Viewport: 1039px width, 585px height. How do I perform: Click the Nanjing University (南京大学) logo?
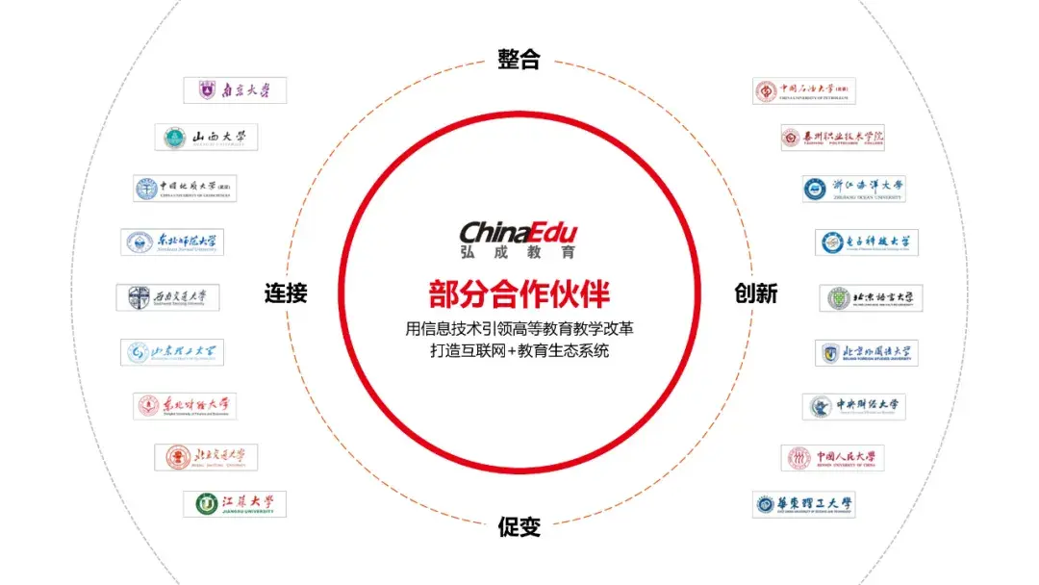tap(235, 90)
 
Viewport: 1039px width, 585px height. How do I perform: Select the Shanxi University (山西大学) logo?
tap(206, 138)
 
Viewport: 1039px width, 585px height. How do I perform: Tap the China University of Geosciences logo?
tap(185, 189)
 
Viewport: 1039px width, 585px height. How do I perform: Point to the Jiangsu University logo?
tap(235, 504)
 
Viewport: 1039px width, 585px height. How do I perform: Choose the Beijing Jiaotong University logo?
tap(206, 457)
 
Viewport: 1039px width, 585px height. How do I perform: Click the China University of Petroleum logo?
tap(804, 91)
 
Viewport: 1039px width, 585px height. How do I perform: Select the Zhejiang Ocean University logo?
tap(854, 189)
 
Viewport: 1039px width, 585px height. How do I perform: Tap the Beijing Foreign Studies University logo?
tap(867, 353)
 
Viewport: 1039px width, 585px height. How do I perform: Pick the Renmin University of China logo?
tap(832, 458)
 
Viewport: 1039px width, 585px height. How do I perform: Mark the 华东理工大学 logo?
tap(804, 504)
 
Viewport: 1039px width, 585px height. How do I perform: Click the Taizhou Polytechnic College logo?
tap(832, 138)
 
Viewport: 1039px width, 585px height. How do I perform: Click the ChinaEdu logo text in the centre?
tap(519, 232)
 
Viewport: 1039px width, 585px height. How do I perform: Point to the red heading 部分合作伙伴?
tap(519, 292)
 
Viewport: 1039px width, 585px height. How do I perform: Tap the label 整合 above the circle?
tap(519, 60)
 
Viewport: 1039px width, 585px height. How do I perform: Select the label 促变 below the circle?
tap(519, 527)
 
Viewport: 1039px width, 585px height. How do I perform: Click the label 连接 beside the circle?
tap(286, 293)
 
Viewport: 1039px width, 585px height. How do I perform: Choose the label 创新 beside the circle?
tap(755, 293)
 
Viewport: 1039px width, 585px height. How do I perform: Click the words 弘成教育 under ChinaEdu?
tap(519, 252)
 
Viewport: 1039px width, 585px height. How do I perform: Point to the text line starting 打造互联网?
tap(519, 352)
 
